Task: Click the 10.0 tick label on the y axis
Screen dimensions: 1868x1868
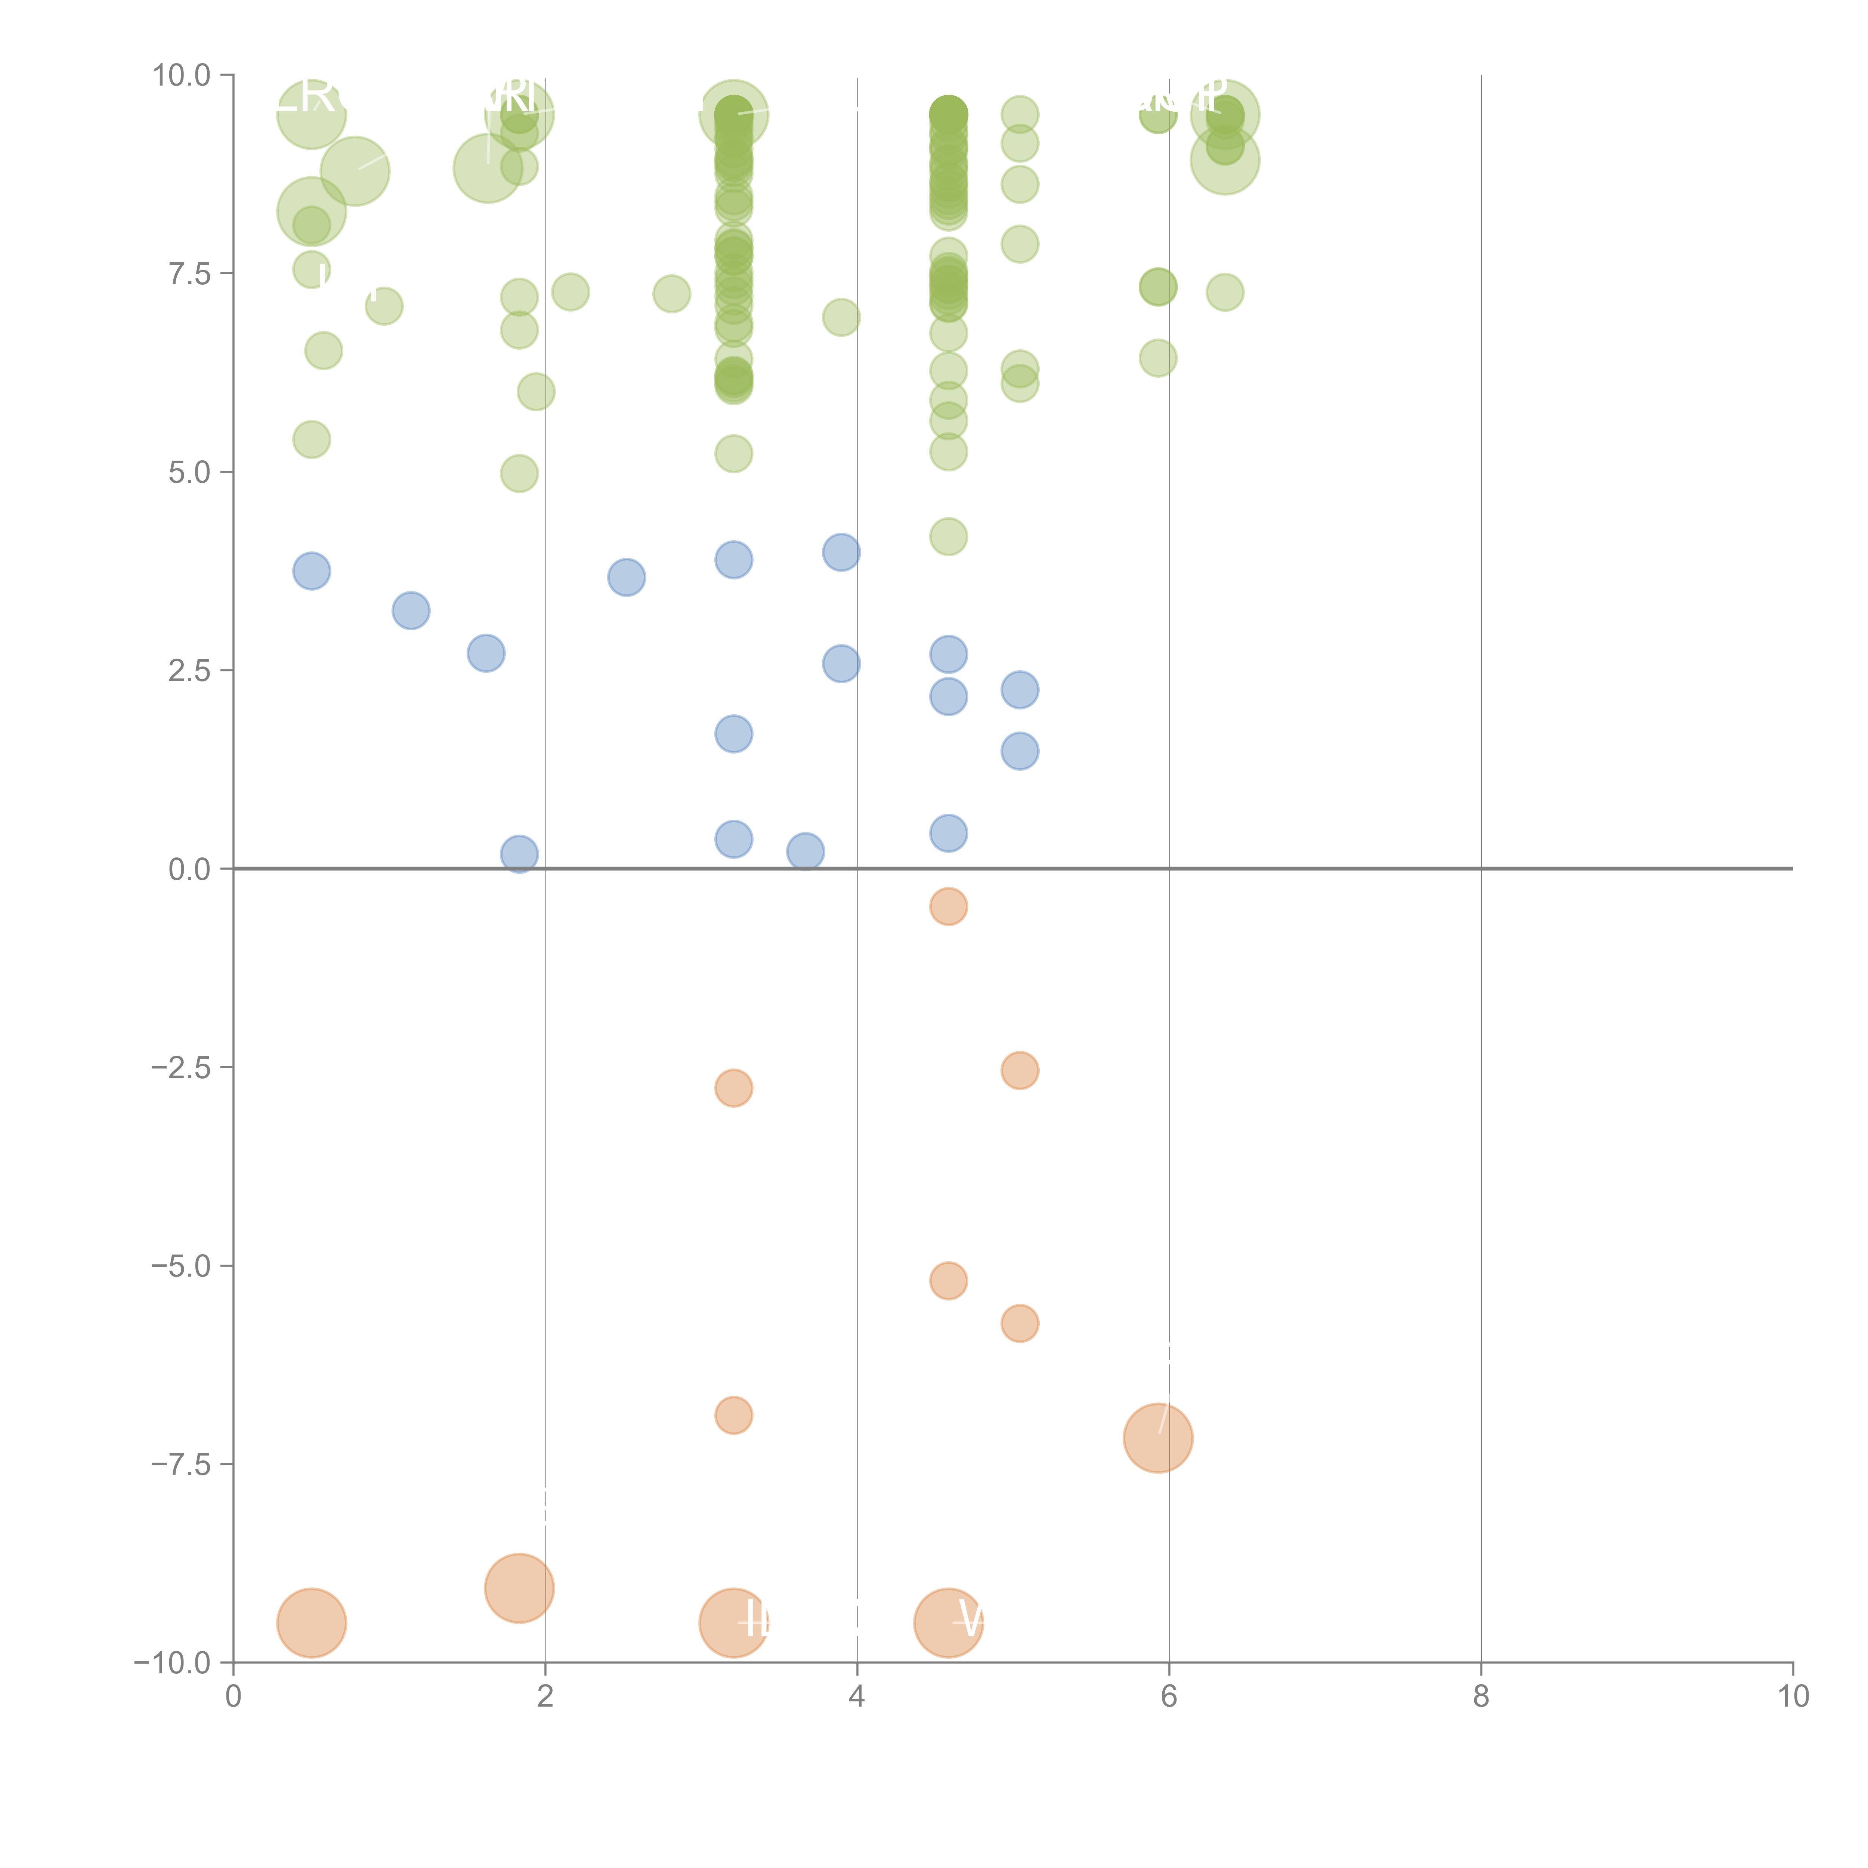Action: coord(182,75)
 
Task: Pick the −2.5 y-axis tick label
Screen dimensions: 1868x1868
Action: coord(182,1067)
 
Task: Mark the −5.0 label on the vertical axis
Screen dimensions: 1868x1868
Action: coord(182,1266)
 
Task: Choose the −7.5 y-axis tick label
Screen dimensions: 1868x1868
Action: coord(182,1464)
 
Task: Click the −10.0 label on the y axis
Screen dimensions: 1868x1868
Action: coord(174,1663)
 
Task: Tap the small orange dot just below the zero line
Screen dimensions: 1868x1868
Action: coord(949,906)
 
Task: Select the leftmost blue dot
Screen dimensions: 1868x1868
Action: coord(311,572)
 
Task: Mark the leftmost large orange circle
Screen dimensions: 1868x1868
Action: coord(311,1623)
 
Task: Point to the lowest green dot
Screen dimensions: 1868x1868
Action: coord(949,536)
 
